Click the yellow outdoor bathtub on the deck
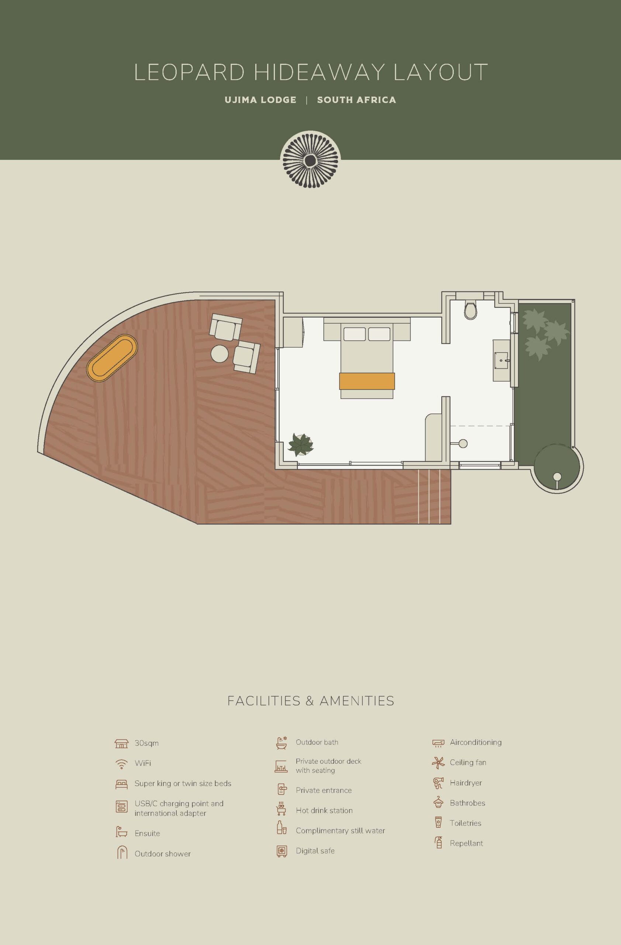[112, 358]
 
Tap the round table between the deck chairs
[220, 353]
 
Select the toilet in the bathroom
[470, 310]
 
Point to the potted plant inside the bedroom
[300, 445]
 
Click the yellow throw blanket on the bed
[367, 381]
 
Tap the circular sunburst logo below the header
[310, 160]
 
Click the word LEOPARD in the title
[189, 72]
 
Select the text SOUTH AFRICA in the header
[356, 100]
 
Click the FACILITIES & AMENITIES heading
[311, 701]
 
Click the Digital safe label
[315, 850]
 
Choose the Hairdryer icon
[438, 783]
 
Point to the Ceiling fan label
[468, 762]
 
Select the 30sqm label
[146, 743]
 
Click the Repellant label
[466, 843]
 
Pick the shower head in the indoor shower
[463, 443]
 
